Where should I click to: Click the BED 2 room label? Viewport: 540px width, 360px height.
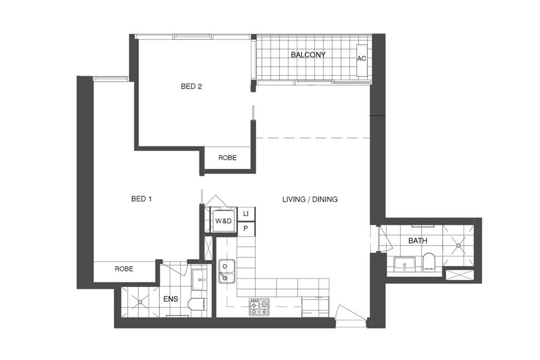pos(191,86)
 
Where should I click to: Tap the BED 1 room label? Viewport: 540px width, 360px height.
pos(141,199)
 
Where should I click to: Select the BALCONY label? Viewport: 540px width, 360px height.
pos(308,55)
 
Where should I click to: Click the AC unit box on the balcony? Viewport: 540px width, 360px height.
pos(361,59)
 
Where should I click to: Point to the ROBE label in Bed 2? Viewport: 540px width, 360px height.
pos(227,158)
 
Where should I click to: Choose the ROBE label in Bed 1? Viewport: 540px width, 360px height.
pos(124,269)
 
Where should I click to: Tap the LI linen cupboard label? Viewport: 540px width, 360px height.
pos(246,213)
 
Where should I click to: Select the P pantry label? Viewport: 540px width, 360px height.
pos(246,229)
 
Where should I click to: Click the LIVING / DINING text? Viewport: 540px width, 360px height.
pos(310,200)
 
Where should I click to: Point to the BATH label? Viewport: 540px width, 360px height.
pos(417,241)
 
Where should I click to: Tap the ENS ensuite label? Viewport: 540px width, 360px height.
pos(171,299)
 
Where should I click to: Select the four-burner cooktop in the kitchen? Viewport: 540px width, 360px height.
pos(259,307)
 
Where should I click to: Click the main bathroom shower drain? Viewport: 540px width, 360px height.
pos(459,246)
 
